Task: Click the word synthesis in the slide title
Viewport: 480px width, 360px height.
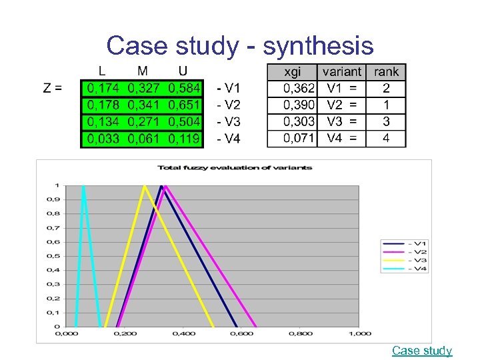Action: [319, 46]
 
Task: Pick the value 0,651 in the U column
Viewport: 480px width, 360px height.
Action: [184, 105]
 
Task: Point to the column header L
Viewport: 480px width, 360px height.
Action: [101, 71]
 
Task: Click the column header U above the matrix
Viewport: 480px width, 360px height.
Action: [183, 71]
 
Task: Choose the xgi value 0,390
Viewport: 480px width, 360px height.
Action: [299, 105]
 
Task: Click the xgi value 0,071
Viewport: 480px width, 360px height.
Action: [299, 139]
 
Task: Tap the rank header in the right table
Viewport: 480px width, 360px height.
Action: [386, 72]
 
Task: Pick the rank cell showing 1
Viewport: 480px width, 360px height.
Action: [386, 105]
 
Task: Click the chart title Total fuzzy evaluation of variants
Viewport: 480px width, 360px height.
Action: [235, 167]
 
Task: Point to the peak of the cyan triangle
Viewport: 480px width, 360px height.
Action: [83, 186]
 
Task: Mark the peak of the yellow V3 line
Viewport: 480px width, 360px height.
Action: [144, 186]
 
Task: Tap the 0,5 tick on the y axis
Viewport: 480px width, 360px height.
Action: [57, 256]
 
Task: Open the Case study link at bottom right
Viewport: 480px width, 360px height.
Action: [422, 351]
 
